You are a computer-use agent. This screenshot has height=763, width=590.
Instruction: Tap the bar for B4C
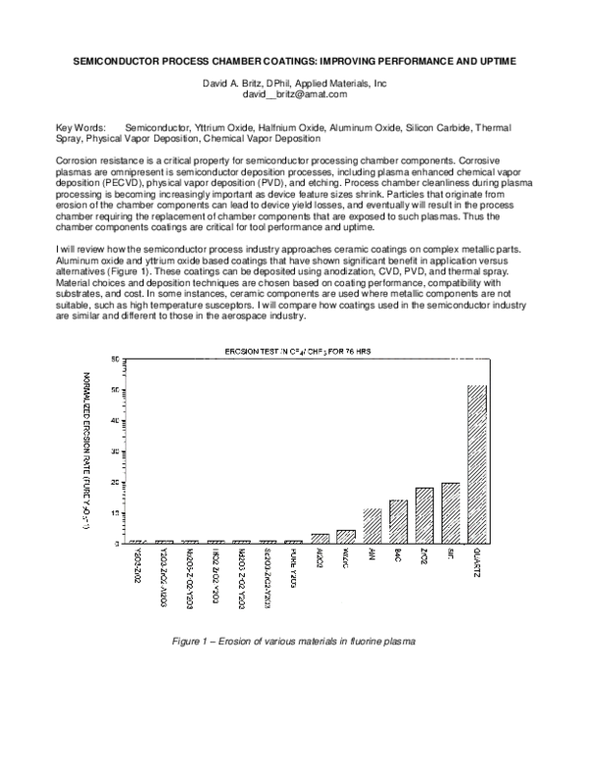(x=398, y=522)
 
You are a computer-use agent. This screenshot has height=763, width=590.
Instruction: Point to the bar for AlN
(x=372, y=526)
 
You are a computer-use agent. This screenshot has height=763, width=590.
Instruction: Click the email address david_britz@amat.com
(x=295, y=94)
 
